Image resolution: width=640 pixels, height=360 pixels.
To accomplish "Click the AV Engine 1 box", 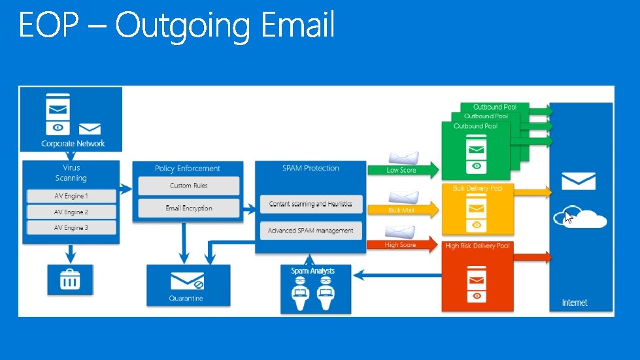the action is coord(71,196).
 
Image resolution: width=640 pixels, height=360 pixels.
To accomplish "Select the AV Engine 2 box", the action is coord(71,212).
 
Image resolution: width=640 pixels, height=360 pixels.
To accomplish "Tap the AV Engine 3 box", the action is coord(71,227).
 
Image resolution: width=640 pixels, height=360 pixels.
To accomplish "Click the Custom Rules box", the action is coord(188,186).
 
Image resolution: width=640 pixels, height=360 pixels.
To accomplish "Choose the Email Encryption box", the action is coord(188,208).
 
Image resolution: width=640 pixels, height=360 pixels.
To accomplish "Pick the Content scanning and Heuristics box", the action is coord(311,204).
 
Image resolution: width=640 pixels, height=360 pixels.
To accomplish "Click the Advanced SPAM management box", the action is coord(311,230).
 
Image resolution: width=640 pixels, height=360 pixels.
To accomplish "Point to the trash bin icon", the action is coord(70,280).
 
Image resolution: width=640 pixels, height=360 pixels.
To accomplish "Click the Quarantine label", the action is coord(186,299).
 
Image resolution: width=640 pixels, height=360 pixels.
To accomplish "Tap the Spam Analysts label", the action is coord(312,270).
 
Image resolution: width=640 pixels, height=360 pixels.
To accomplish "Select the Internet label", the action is coord(575,303).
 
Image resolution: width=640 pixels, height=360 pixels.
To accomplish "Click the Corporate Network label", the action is coord(73,144).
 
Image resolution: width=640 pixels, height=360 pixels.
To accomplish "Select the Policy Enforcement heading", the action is coord(188,169).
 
